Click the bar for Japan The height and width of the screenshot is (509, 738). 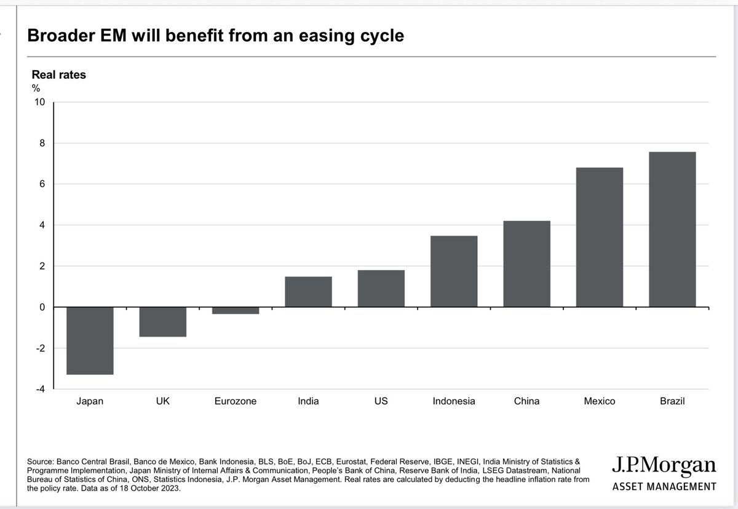pyautogui.click(x=90, y=340)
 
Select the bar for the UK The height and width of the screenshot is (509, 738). pyautogui.click(x=162, y=322)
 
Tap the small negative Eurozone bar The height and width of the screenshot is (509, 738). pyautogui.click(x=236, y=311)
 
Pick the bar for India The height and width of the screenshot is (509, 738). pyautogui.click(x=308, y=292)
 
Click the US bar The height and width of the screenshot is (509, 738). pyautogui.click(x=381, y=289)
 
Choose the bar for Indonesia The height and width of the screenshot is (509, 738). pyautogui.click(x=454, y=271)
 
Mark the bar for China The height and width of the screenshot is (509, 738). pyautogui.click(x=526, y=264)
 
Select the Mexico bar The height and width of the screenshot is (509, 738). pyautogui.click(x=599, y=238)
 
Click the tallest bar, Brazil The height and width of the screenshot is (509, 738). pyautogui.click(x=672, y=230)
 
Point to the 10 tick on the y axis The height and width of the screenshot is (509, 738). pyautogui.click(x=39, y=102)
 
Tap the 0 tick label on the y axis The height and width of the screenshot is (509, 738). pyautogui.click(x=42, y=307)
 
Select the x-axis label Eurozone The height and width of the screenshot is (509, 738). pyautogui.click(x=236, y=401)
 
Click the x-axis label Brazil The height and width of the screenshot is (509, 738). pyautogui.click(x=672, y=401)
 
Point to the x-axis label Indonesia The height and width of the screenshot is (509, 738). pyautogui.click(x=454, y=401)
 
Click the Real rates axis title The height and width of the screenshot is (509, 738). pyautogui.click(x=59, y=75)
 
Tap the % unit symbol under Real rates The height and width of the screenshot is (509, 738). pyautogui.click(x=36, y=89)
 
